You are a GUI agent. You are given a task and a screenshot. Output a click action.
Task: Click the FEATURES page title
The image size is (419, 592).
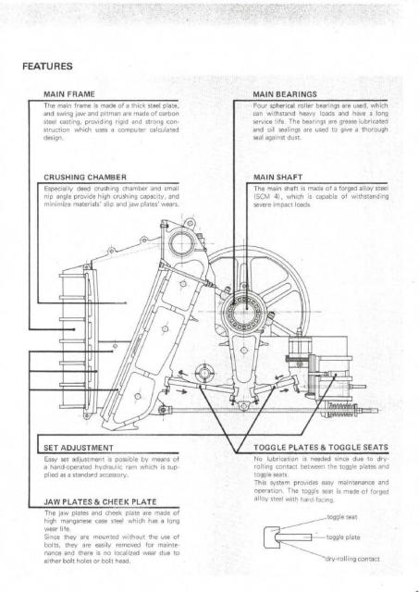click(47, 66)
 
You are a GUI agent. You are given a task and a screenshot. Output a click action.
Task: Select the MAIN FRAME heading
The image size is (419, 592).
click(69, 94)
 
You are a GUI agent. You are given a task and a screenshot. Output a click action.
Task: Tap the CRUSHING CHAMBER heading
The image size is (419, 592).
click(85, 177)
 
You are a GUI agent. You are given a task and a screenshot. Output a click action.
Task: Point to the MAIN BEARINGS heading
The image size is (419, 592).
click(285, 94)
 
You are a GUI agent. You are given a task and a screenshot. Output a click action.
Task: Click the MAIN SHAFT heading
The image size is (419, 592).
click(277, 177)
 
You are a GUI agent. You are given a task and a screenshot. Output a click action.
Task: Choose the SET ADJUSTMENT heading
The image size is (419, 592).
click(79, 448)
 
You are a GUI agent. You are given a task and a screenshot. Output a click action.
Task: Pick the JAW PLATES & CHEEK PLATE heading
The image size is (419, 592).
click(100, 501)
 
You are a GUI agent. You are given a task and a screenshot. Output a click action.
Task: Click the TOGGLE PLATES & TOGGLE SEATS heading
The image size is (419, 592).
click(321, 448)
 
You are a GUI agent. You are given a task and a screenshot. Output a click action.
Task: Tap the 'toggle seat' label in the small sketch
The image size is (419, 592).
click(342, 517)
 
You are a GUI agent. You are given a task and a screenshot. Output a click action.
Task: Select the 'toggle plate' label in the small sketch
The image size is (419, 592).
click(343, 536)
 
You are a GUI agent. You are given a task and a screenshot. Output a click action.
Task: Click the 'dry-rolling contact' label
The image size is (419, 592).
click(352, 559)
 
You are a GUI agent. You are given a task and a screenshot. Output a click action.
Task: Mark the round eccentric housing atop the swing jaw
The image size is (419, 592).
click(182, 243)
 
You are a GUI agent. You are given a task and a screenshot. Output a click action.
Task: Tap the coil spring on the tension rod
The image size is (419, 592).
click(341, 411)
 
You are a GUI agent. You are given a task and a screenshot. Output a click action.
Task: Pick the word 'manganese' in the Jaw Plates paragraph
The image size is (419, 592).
click(76, 521)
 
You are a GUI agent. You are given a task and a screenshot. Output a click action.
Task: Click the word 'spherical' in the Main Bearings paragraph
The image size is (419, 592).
click(282, 105)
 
